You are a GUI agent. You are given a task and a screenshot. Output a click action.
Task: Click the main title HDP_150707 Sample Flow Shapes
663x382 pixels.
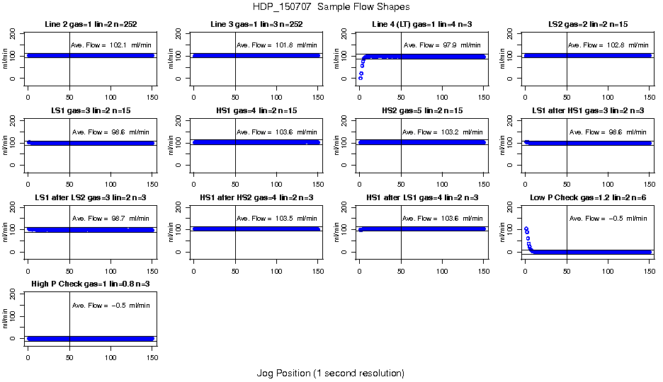coord(330,6)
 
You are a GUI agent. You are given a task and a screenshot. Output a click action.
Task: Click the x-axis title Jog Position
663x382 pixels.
coord(330,373)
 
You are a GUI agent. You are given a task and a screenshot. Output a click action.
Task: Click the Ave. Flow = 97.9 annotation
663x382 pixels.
coord(442,45)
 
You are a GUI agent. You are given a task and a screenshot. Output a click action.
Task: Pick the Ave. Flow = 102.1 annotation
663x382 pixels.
coord(110,45)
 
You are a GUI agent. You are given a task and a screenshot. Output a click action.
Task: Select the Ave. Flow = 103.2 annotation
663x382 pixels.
coord(442,132)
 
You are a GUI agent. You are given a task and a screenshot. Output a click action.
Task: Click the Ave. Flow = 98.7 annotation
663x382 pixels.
coord(110,219)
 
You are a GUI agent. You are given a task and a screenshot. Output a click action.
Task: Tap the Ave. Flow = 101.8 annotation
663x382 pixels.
coord(276,45)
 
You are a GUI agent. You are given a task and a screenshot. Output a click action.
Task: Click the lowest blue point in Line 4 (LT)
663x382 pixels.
coord(361,78)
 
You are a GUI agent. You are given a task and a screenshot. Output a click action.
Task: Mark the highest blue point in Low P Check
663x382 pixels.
coord(526,228)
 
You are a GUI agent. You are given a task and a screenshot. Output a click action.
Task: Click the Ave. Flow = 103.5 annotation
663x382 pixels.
coord(276,219)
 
